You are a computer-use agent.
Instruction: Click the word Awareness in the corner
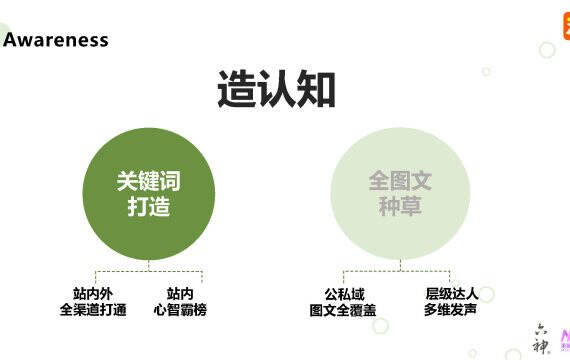[x=56, y=40]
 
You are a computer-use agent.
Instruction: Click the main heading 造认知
[x=276, y=89]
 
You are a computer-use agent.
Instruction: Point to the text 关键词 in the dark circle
[x=149, y=181]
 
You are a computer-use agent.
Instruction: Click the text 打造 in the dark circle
[x=149, y=206]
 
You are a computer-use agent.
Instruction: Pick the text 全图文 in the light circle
[x=400, y=181]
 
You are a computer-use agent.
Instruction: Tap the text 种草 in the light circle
[x=400, y=206]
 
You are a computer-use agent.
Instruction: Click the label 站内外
[x=93, y=294]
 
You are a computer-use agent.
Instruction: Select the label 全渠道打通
[x=93, y=310]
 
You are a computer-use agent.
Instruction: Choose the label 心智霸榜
[x=180, y=310]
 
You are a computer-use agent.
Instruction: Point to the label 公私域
[x=344, y=294]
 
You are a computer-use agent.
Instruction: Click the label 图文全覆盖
[x=343, y=311]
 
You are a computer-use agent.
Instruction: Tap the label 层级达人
[x=452, y=294]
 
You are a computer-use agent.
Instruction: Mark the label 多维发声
[x=450, y=310]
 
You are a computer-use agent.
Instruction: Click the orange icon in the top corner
[x=567, y=25]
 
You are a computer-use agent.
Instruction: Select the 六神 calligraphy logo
[x=542, y=339]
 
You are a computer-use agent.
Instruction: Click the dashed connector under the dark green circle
[x=149, y=271]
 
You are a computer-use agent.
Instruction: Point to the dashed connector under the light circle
[x=400, y=271]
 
